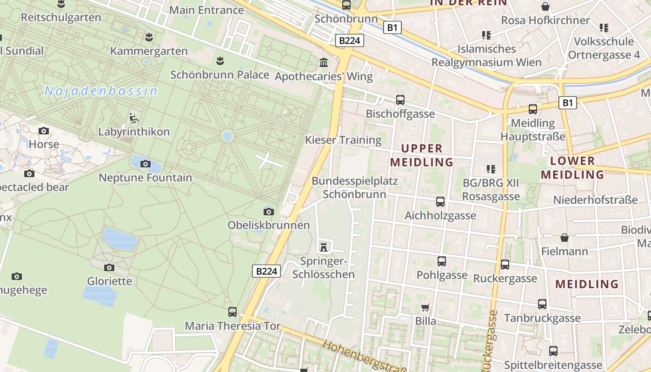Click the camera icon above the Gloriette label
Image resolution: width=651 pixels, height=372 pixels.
pos(109,267)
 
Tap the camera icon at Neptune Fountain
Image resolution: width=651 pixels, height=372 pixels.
pos(146,164)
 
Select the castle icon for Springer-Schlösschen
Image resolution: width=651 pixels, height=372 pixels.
pos(324,246)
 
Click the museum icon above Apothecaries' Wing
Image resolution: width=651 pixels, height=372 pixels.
pos(324,62)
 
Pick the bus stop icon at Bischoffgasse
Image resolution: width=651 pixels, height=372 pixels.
pos(400,100)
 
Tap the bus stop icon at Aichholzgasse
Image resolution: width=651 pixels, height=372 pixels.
pos(440,202)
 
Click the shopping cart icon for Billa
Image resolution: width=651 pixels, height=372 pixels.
pos(425,307)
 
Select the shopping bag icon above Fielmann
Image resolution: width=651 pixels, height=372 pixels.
pos(565,238)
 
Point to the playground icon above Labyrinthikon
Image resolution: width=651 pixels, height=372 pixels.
pos(134,118)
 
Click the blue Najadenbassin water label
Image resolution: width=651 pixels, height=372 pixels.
pos(101,91)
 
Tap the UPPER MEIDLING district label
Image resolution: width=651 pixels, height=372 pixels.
pos(422,155)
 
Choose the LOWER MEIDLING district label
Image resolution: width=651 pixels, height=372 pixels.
pos(572,168)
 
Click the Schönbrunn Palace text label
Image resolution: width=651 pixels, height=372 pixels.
pos(220,75)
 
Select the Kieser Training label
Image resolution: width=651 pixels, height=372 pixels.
pos(343,140)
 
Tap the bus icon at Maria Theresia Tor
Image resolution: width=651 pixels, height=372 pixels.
pos(232,312)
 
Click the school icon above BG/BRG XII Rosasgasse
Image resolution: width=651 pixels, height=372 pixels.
pos(491,169)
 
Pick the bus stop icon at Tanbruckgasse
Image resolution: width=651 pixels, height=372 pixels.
pos(542,304)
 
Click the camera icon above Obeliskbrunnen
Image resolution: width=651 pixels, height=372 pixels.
pos(268,212)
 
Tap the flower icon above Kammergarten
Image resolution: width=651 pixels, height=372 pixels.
pos(149,37)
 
